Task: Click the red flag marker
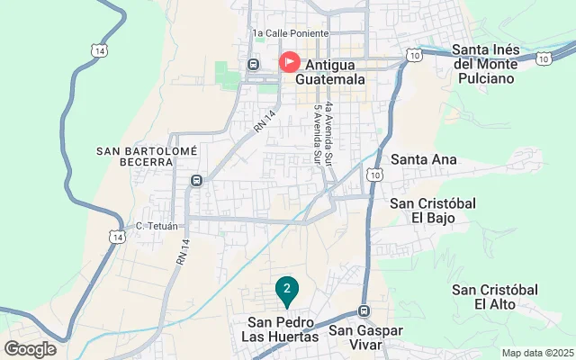click(x=290, y=62)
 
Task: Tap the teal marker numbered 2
click(x=286, y=289)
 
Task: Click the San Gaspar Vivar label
click(x=369, y=337)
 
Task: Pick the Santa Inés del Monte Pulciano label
click(x=496, y=63)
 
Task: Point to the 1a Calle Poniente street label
click(x=291, y=33)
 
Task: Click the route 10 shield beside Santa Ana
click(x=375, y=173)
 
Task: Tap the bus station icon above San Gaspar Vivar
click(x=364, y=311)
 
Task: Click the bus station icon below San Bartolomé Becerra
click(x=195, y=180)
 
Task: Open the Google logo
click(x=30, y=348)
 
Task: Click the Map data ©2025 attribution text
click(x=536, y=353)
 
